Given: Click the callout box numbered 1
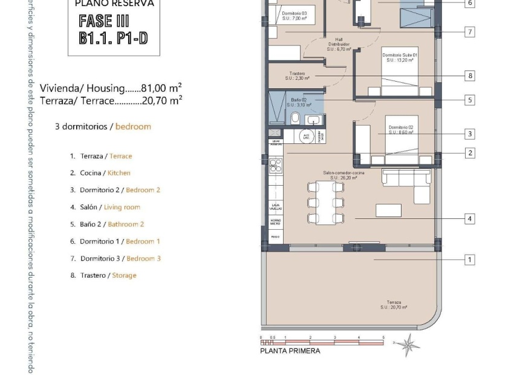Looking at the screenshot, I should tap(470, 259).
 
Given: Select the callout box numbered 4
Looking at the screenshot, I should tap(470, 218).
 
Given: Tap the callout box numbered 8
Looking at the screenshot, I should tap(470, 76).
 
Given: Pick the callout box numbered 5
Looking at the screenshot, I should tap(470, 100).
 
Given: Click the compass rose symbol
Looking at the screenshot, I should tap(408, 345).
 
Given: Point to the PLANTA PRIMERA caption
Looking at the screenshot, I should tap(290, 351).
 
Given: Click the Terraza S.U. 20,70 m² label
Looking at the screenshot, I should tap(394, 305).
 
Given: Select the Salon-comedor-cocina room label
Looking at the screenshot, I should tap(340, 175).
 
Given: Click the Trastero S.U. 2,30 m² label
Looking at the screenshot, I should tap(297, 76).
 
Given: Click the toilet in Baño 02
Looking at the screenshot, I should tap(296, 117).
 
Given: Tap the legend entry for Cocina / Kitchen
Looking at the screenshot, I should tap(105, 173).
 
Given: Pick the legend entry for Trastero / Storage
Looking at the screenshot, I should tap(108, 275).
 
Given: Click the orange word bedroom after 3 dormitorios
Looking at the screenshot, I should tap(133, 126).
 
